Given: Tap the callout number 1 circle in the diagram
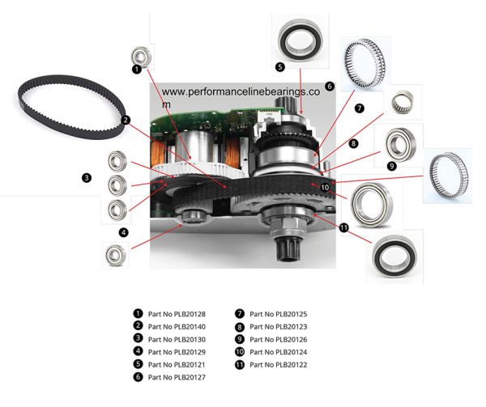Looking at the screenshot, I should pyautogui.click(x=136, y=70).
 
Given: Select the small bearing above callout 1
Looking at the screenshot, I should pyautogui.click(x=141, y=55).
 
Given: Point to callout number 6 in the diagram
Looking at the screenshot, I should pyautogui.click(x=330, y=86).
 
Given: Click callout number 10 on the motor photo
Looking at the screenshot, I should pyautogui.click(x=324, y=187).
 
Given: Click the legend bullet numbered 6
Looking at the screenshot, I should pyautogui.click(x=138, y=378).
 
